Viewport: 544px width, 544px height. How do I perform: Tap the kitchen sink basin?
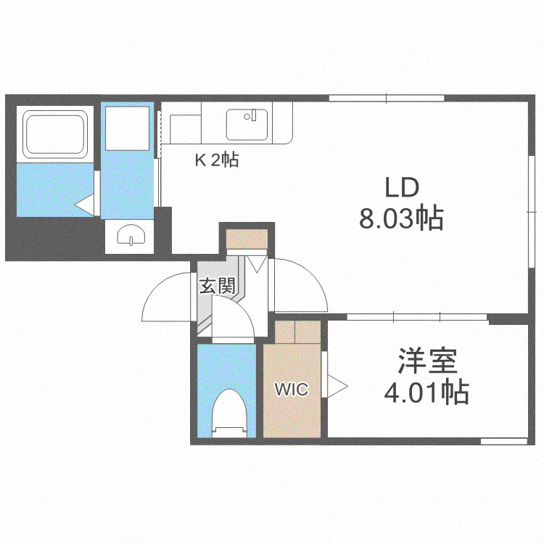(247, 125)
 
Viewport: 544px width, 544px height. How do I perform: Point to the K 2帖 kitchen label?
(217, 160)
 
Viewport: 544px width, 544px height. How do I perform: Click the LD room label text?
(402, 187)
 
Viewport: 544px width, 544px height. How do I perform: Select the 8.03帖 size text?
(401, 219)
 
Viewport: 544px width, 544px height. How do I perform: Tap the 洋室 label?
(427, 360)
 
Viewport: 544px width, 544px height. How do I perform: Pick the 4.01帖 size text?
(426, 392)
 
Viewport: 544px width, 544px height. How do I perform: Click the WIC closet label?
(292, 390)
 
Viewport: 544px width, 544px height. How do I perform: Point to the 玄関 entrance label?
(218, 286)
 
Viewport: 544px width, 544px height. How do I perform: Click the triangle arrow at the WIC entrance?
(337, 386)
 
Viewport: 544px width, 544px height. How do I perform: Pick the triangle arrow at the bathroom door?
(84, 205)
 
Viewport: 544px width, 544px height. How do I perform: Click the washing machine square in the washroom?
(127, 128)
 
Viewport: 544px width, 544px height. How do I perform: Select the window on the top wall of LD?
(387, 98)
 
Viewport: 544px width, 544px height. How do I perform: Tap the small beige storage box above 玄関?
(247, 239)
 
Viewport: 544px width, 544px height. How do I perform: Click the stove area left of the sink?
(185, 129)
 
